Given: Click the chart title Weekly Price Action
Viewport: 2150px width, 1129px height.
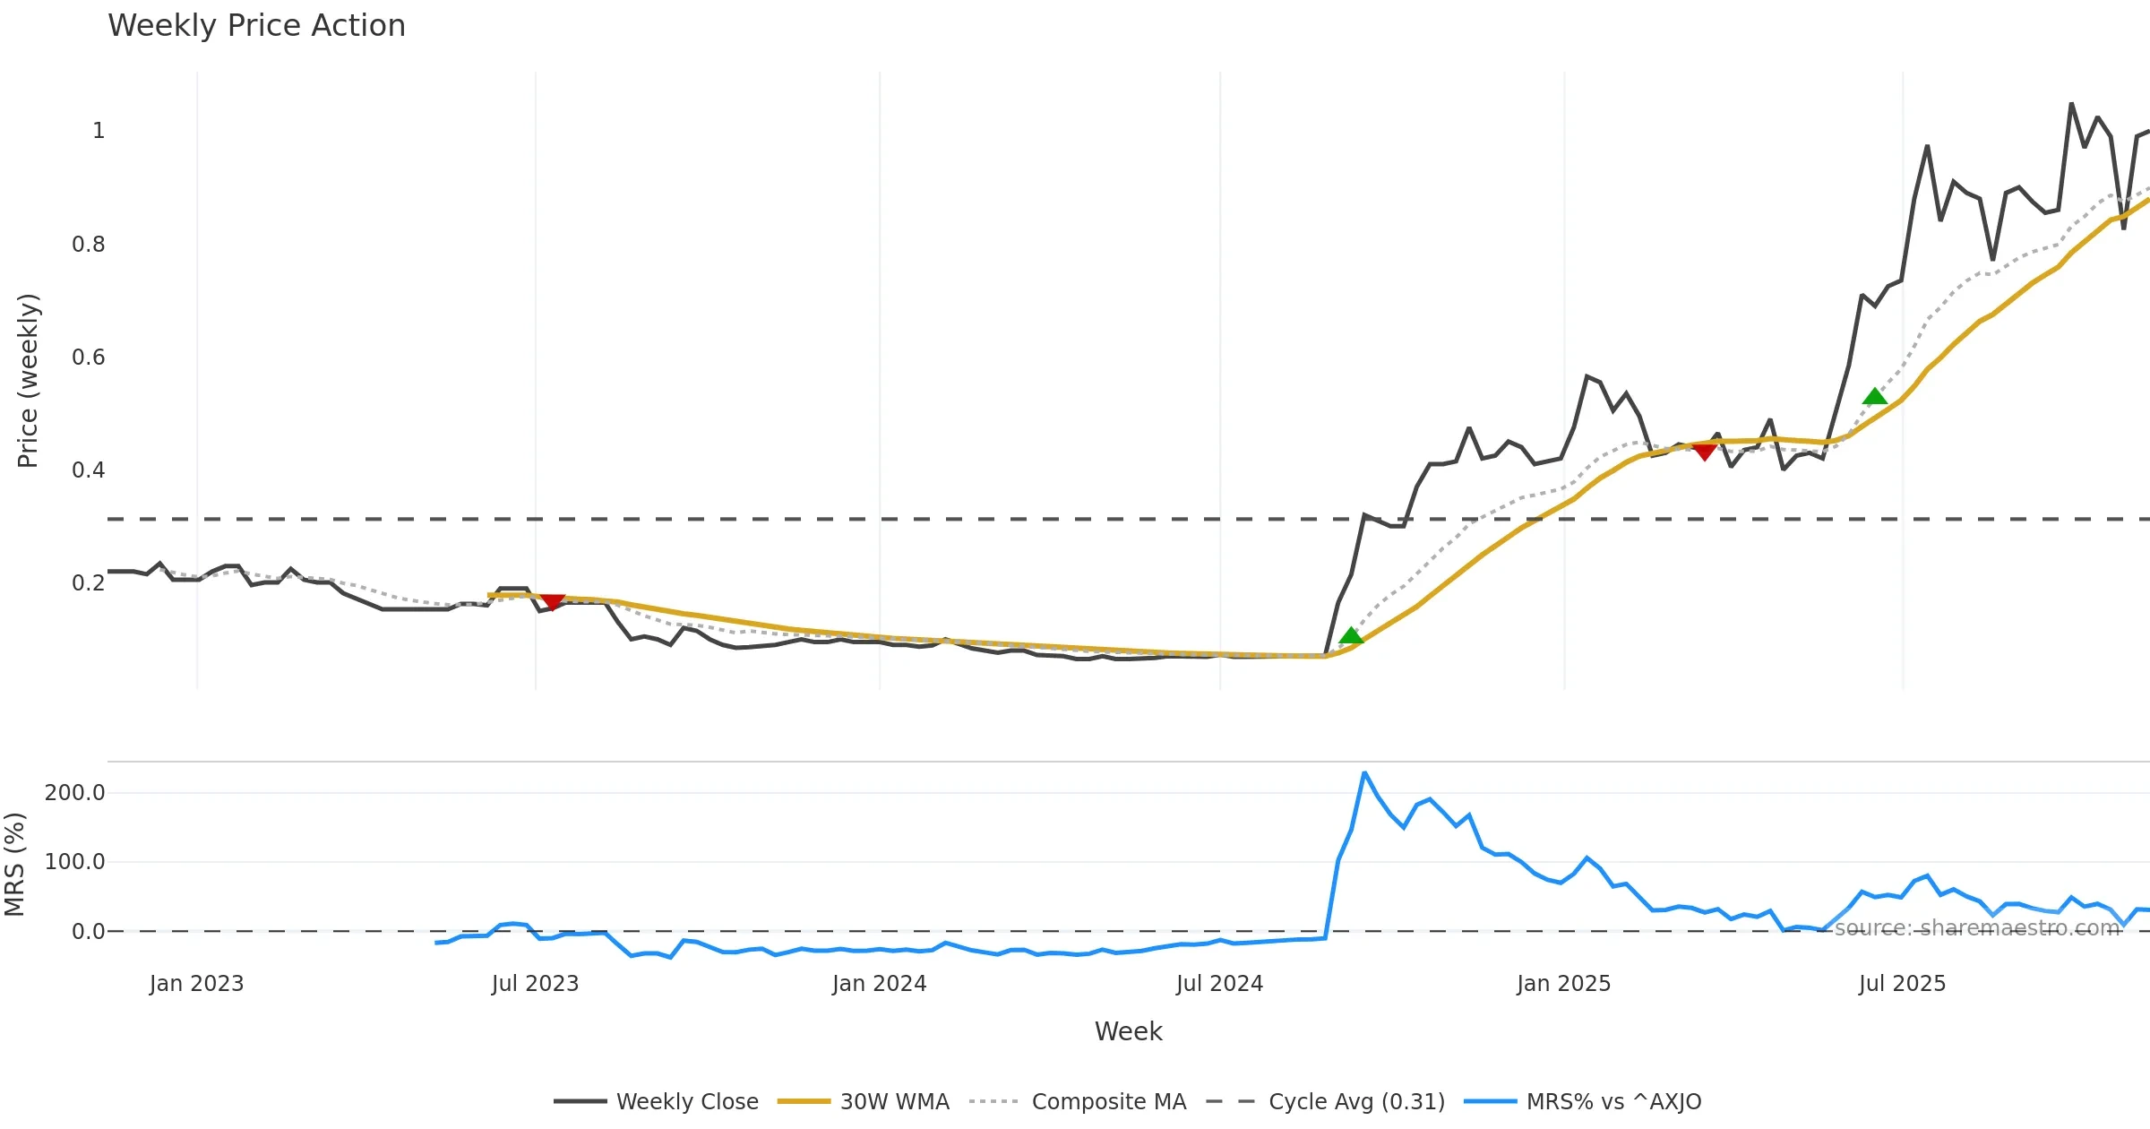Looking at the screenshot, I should (256, 26).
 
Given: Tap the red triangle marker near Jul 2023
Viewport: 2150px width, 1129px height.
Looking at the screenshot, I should (553, 602).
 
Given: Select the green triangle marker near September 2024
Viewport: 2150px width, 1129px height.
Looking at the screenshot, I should (1351, 636).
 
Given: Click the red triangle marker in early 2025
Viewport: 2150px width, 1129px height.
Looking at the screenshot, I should (1705, 451).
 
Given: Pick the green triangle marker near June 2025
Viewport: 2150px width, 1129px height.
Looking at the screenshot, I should (1875, 397).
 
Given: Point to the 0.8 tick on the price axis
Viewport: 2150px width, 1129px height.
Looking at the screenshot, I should (88, 245).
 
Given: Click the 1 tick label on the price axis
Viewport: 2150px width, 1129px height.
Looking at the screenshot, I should (99, 131).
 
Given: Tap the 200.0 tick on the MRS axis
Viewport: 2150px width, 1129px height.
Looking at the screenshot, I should (75, 793).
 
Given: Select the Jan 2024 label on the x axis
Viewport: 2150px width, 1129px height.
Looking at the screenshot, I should (879, 984).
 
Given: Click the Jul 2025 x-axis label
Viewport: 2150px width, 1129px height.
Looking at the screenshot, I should (1902, 984).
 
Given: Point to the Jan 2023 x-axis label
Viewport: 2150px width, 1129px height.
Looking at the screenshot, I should (196, 984).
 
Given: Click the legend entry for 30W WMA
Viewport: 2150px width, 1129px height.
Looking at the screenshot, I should (894, 1102).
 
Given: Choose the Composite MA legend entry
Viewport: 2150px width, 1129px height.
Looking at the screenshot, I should (1108, 1102).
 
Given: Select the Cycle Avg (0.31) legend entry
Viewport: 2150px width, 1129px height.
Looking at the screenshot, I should (1356, 1102).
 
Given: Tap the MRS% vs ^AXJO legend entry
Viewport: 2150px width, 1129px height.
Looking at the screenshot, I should (1613, 1102).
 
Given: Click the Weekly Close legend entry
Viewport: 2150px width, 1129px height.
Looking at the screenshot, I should (687, 1102).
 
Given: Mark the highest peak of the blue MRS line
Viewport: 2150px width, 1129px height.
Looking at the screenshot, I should (1364, 772).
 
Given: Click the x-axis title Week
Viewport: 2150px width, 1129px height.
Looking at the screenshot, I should (1128, 1032).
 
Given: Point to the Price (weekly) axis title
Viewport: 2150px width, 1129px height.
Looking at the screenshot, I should (28, 381).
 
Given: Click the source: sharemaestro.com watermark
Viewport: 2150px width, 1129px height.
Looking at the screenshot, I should (1977, 928).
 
